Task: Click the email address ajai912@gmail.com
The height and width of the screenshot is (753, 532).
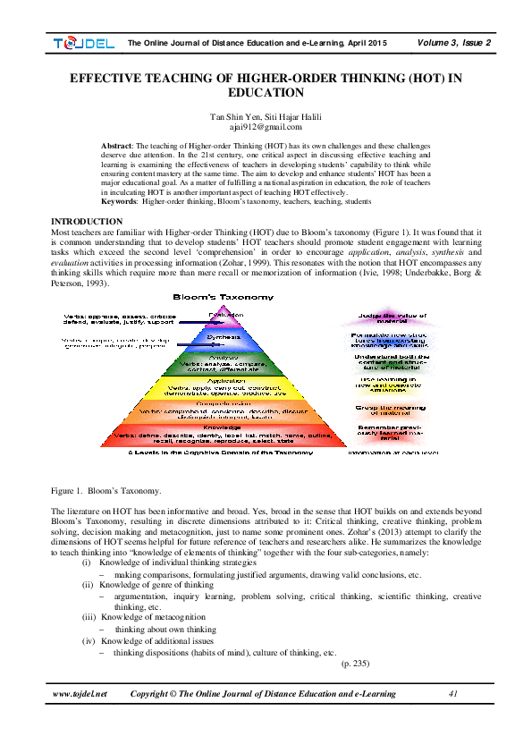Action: click(266, 128)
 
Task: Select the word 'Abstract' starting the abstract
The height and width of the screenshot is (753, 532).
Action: click(116, 145)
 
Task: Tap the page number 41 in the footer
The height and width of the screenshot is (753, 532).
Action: click(453, 693)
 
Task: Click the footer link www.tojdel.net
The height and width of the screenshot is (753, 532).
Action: click(80, 693)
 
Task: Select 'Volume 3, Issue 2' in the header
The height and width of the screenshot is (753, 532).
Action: click(453, 42)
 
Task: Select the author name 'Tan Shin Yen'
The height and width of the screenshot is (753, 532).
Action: click(233, 117)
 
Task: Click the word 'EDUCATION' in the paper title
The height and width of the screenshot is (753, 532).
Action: click(266, 92)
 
